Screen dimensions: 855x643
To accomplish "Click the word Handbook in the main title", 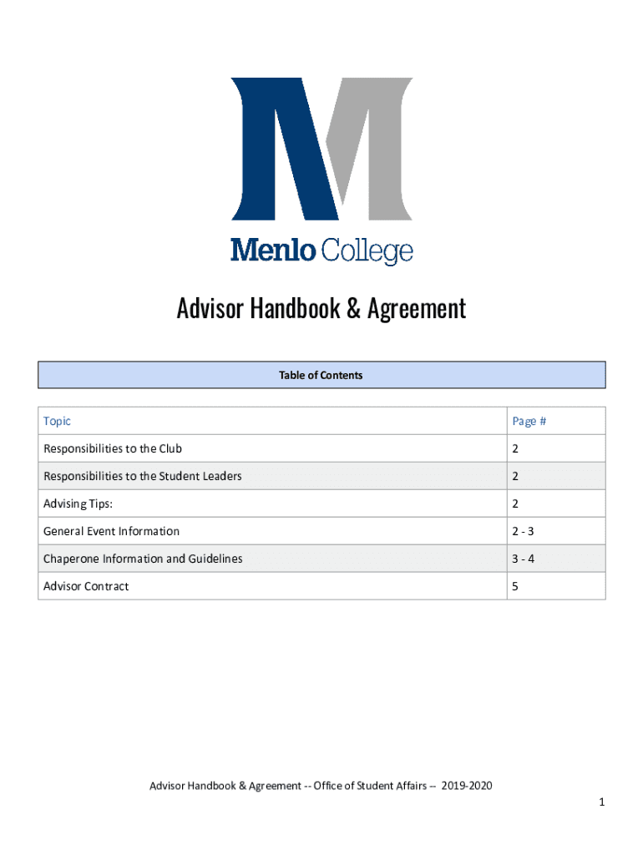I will click(292, 309).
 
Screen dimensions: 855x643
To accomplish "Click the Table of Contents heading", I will click(321, 376).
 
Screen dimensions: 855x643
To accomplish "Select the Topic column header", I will click(57, 422).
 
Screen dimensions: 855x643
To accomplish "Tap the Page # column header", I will click(529, 422).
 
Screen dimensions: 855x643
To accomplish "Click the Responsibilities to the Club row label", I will click(112, 449).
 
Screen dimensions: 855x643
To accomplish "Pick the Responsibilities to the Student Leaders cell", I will click(143, 477).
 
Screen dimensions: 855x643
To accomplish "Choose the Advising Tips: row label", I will click(78, 503).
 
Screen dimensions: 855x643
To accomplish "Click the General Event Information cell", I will click(111, 531).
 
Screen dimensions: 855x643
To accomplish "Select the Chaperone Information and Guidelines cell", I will click(143, 559).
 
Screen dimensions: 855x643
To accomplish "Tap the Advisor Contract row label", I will click(86, 586).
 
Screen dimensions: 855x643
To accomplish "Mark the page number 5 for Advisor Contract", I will click(515, 586).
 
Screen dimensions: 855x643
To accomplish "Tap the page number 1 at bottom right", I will click(600, 802).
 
